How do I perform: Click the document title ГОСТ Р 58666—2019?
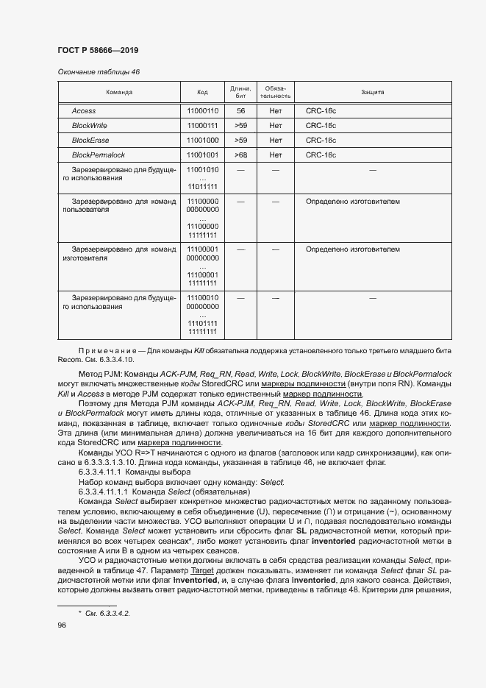[98, 50]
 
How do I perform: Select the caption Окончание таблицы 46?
[98, 71]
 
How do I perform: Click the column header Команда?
[119, 93]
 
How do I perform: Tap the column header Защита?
[372, 93]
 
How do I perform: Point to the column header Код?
[203, 93]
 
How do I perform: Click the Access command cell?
[84, 110]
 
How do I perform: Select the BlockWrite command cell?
[89, 125]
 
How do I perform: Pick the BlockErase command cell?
[90, 140]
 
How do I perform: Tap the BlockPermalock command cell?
[98, 155]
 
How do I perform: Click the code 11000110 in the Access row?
[203, 110]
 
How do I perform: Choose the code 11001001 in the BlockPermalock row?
[203, 155]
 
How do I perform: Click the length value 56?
[240, 110]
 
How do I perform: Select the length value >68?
[240, 155]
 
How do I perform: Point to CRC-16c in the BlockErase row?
[321, 140]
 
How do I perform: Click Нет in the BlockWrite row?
[276, 125]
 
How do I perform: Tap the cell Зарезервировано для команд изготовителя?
[119, 254]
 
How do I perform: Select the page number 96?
[62, 625]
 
